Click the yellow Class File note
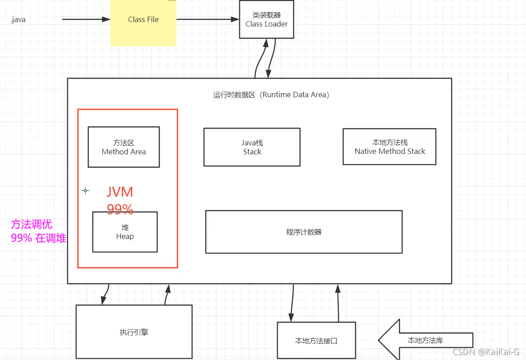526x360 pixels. click(143, 22)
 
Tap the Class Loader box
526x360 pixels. click(267, 20)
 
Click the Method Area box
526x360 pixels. click(123, 147)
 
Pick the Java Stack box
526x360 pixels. click(252, 147)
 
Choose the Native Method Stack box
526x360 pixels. click(390, 147)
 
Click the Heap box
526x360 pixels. click(125, 232)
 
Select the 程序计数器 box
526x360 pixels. click(304, 232)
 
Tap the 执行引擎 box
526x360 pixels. click(134, 333)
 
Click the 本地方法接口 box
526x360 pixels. click(316, 341)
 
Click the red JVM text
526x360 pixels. click(120, 192)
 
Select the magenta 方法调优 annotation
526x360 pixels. click(32, 224)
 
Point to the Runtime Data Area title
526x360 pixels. click(271, 95)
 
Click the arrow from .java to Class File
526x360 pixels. click(86, 19)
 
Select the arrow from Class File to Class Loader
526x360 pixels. click(207, 19)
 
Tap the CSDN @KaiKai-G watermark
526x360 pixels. click(486, 352)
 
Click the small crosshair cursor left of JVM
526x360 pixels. click(86, 191)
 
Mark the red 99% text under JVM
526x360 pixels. click(120, 209)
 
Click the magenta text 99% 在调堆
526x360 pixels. click(38, 238)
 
